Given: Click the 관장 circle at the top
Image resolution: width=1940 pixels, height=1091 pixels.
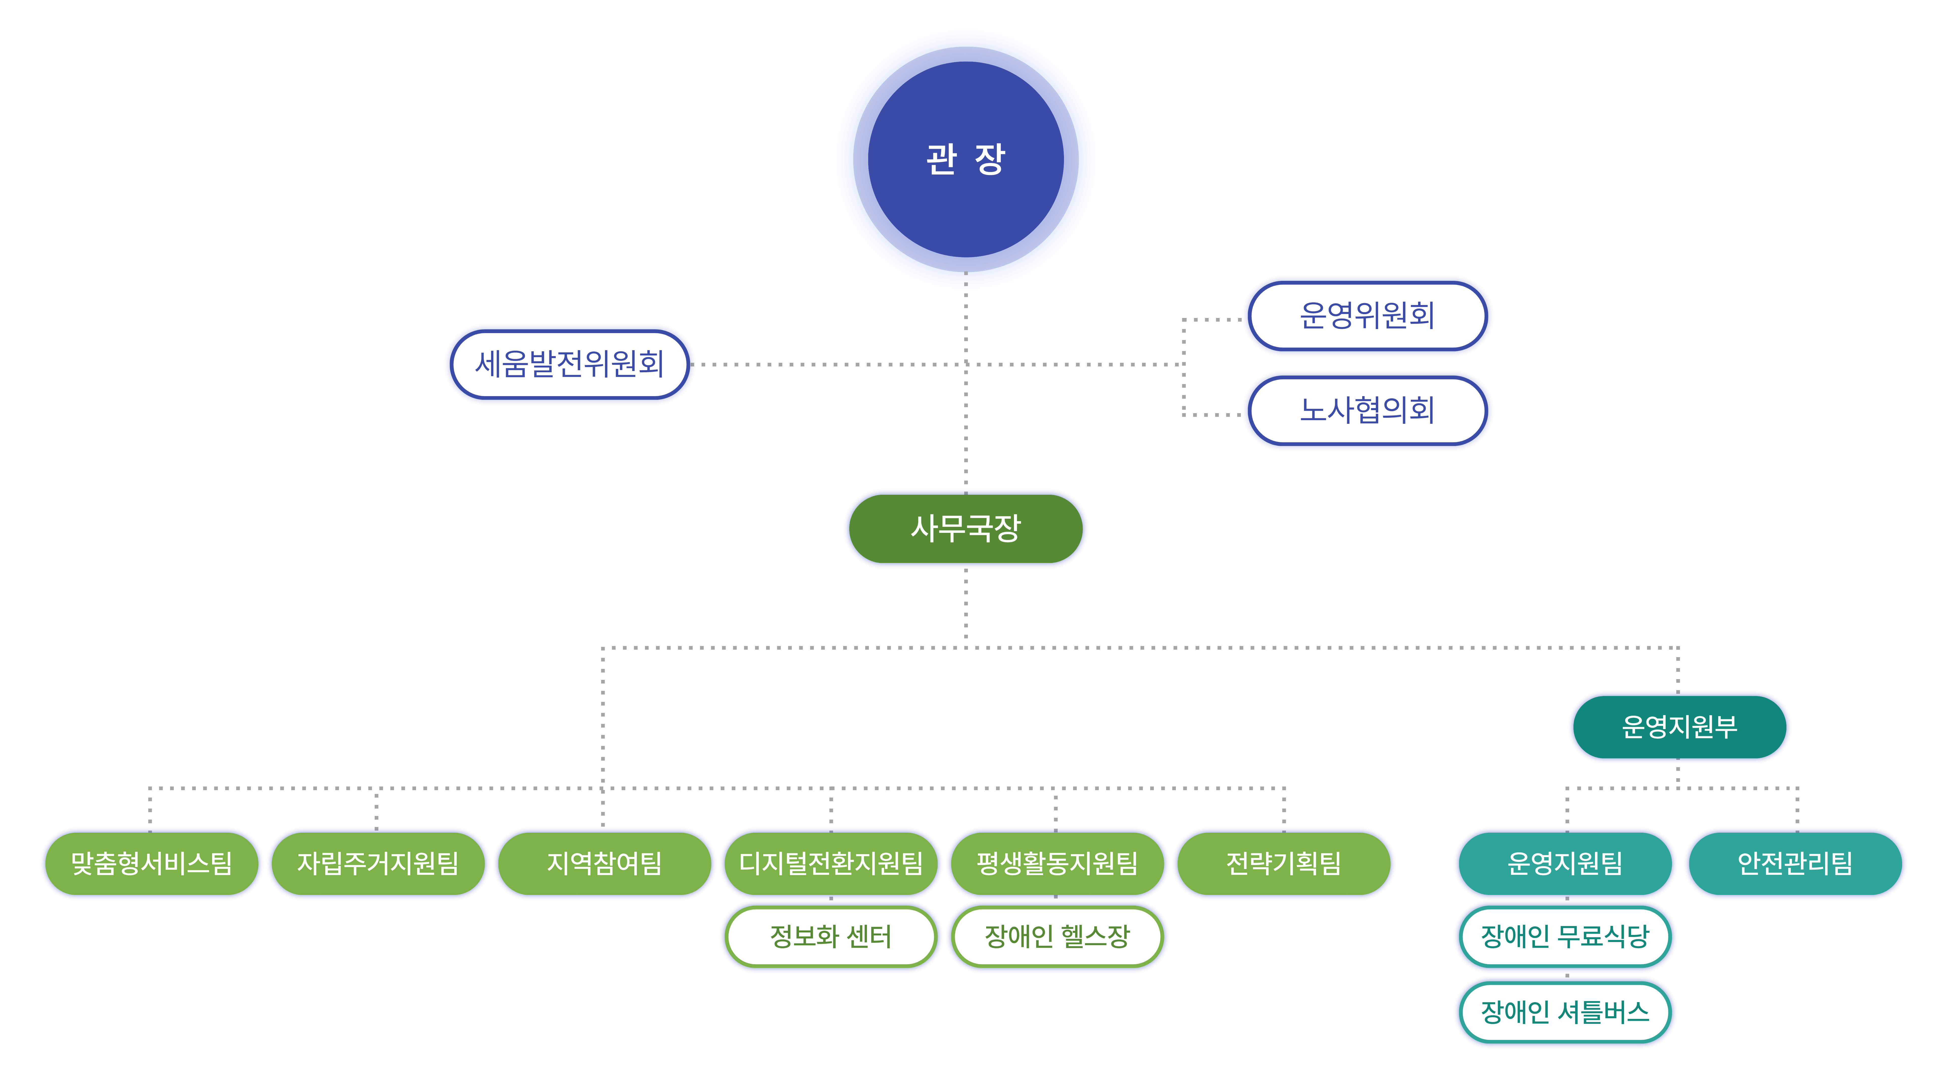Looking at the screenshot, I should click(x=965, y=159).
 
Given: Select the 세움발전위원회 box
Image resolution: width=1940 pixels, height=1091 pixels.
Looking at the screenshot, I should click(x=569, y=364).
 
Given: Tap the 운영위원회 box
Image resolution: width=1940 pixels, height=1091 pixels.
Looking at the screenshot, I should click(x=1367, y=315).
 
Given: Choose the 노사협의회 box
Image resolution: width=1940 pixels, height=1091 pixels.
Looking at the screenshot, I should click(x=1367, y=410).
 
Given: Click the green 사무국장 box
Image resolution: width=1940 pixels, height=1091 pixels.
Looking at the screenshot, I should click(x=965, y=528).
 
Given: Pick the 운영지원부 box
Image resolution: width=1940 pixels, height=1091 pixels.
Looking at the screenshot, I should click(x=1679, y=727).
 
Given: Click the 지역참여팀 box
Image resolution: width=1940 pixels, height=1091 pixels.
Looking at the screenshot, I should click(x=604, y=863).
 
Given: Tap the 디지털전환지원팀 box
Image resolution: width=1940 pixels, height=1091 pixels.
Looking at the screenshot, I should click(x=831, y=863).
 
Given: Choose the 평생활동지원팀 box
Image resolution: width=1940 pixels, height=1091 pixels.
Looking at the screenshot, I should click(x=1057, y=863).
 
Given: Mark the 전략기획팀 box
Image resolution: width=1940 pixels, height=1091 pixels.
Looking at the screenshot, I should click(x=1283, y=863).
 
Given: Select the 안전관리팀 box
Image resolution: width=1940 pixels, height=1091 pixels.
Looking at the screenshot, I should click(x=1795, y=863).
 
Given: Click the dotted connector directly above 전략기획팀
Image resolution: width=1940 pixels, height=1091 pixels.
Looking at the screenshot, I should click(x=1284, y=809).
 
